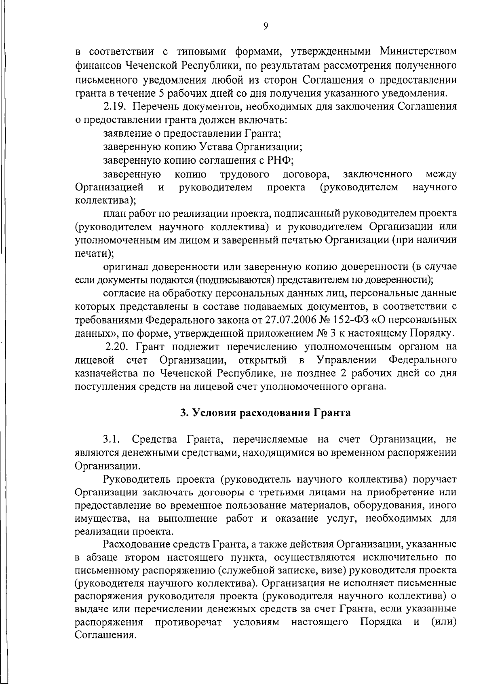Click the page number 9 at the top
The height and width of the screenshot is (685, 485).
266,26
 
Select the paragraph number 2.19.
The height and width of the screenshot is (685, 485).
116,107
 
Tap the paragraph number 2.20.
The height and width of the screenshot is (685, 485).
117,347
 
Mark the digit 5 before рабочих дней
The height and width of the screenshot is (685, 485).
160,93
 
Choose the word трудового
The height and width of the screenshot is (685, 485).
245,174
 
